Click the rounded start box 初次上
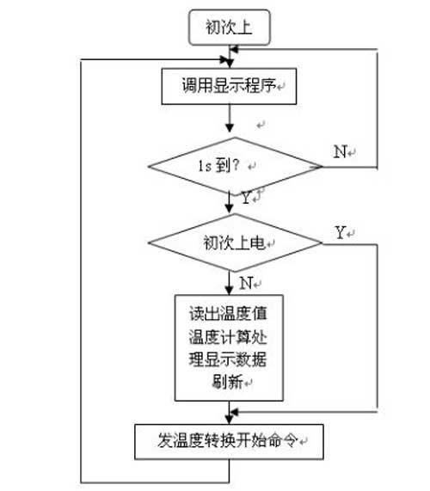(230, 28)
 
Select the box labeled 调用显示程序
(229, 86)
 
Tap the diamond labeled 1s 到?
(235, 166)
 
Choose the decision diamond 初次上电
(235, 242)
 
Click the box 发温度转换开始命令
(229, 442)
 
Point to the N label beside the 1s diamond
(341, 152)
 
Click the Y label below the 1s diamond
(247, 198)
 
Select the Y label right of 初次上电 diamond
(340, 233)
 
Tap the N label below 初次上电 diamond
(246, 284)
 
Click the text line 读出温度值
(228, 313)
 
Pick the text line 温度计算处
(228, 337)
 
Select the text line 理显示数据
(228, 359)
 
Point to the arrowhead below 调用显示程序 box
(230, 127)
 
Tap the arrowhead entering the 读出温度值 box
(230, 291)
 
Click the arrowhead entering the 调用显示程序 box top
(230, 64)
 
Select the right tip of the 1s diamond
(322, 166)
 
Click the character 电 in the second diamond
(258, 243)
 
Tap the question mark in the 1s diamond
(236, 165)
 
